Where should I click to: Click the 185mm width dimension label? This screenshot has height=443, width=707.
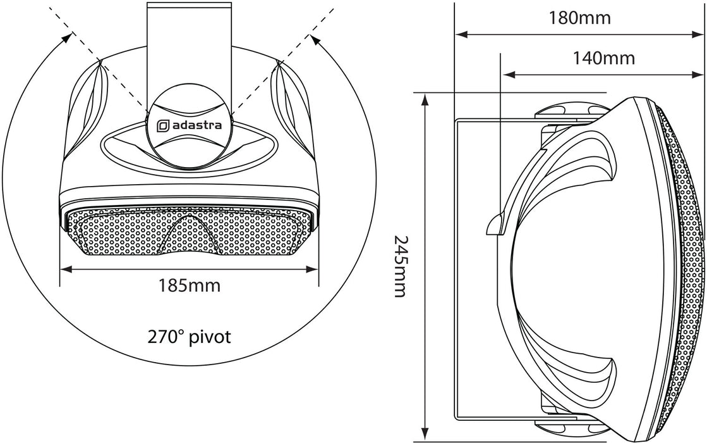pyautogui.click(x=189, y=286)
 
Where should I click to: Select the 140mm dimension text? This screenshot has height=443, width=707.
pyautogui.click(x=603, y=58)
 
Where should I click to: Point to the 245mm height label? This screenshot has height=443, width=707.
pyautogui.click(x=401, y=266)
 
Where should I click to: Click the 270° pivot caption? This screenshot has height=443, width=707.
pyautogui.click(x=190, y=336)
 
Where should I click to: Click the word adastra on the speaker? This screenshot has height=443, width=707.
pyautogui.click(x=196, y=125)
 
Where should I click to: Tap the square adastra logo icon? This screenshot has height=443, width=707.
pyautogui.click(x=162, y=126)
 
